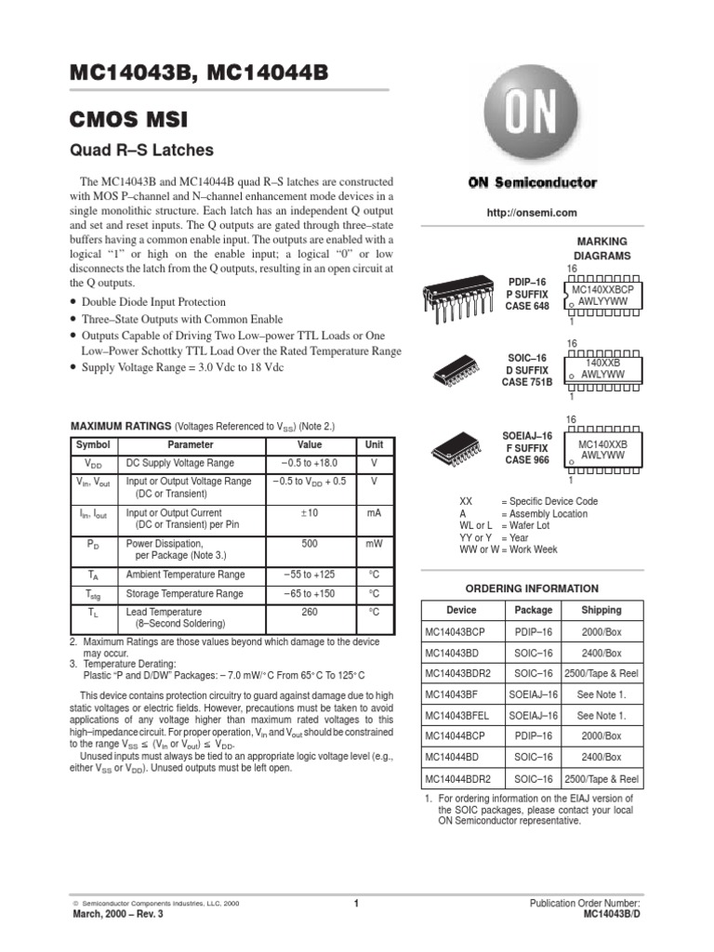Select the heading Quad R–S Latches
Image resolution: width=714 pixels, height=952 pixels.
pyautogui.click(x=142, y=150)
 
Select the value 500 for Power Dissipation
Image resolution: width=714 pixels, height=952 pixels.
pyautogui.click(x=310, y=544)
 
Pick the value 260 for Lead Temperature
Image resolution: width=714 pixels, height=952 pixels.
pyautogui.click(x=310, y=613)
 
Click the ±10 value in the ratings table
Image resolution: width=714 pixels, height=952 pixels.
pyautogui.click(x=310, y=512)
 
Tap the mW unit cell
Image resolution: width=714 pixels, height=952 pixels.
pyautogui.click(x=374, y=544)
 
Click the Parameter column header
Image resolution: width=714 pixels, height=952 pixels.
pyautogui.click(x=191, y=444)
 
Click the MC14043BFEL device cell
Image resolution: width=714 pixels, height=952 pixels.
pyautogui.click(x=462, y=715)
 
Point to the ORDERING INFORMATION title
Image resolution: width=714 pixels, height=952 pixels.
pyautogui.click(x=532, y=588)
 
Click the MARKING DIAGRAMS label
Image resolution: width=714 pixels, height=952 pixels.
pyautogui.click(x=602, y=248)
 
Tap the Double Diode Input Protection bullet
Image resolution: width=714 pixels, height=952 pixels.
pyautogui.click(x=153, y=302)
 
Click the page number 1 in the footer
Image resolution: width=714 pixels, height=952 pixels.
pyautogui.click(x=356, y=903)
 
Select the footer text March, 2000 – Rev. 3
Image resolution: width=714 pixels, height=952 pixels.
pyautogui.click(x=117, y=914)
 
